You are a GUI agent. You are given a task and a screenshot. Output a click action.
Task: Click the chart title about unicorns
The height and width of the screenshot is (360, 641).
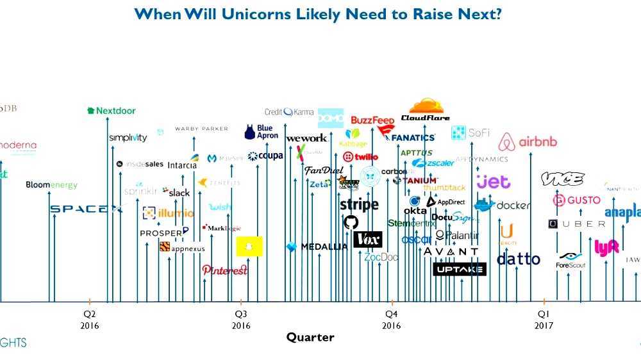coord(318,13)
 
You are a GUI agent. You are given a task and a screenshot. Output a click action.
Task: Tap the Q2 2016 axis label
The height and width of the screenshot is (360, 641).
coord(89,319)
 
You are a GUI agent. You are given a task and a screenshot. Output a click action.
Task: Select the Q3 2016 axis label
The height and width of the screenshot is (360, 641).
coord(241,319)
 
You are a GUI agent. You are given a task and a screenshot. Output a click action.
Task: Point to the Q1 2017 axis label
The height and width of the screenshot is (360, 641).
coord(544,319)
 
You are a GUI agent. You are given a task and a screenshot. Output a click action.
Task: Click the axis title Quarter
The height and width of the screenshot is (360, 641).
coord(310,337)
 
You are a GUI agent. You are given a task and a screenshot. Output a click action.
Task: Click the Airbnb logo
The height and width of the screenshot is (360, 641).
coord(528,142)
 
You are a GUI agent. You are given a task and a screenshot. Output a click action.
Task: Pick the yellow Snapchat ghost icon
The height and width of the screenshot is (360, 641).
coord(249,246)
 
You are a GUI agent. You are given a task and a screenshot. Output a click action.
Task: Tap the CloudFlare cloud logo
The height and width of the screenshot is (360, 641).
coord(426,110)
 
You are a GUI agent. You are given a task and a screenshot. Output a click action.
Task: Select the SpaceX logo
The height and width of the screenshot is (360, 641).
coord(86,209)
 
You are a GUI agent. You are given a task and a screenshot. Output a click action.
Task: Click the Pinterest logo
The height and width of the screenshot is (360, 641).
coord(225,270)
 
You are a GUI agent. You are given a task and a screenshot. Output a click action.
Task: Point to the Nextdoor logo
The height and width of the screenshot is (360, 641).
coord(112,111)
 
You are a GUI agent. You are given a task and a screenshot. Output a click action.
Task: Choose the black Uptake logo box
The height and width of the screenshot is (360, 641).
coord(460,269)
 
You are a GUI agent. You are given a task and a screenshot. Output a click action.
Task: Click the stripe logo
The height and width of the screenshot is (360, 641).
coord(359,205)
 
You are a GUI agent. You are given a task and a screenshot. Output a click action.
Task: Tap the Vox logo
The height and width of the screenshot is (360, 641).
coord(368,240)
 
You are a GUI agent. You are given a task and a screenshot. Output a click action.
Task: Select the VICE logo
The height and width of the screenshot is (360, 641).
coord(562,179)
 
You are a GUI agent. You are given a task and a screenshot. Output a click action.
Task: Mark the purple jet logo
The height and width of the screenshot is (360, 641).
coord(493,182)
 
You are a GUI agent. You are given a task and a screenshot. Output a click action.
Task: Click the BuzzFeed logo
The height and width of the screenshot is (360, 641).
coord(372,120)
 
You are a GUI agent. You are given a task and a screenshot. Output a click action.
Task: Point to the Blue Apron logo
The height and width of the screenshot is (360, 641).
coord(262,132)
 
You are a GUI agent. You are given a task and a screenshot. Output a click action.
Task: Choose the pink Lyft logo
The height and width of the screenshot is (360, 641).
coord(606,248)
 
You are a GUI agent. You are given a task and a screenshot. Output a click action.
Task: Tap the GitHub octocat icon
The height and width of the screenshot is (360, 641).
coord(351,222)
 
